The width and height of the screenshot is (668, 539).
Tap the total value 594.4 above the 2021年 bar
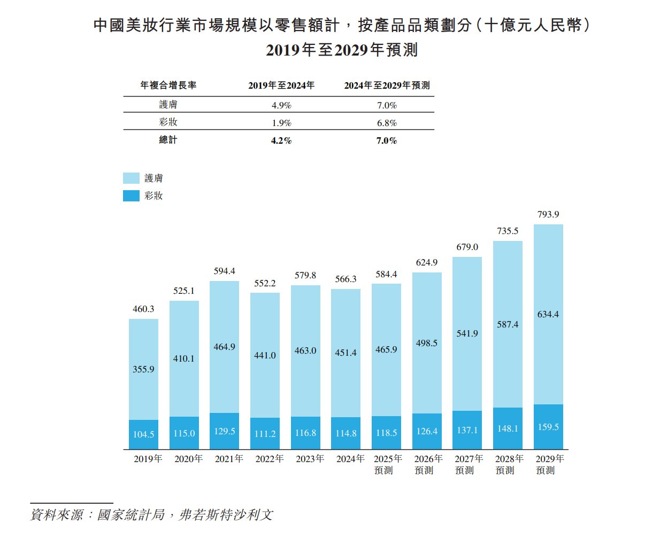[224, 271]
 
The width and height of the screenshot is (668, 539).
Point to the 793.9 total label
[548, 215]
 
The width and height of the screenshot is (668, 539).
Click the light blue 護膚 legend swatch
[131, 178]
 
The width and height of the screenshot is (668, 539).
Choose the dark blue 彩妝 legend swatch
[131, 196]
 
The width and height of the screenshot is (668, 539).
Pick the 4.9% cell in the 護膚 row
[281, 105]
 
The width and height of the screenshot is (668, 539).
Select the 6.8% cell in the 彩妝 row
[387, 123]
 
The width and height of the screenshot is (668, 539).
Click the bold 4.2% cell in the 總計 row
[281, 140]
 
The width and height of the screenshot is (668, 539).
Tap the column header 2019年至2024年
[281, 85]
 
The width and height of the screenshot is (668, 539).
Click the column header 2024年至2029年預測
[387, 85]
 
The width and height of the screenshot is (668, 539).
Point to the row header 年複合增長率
[168, 85]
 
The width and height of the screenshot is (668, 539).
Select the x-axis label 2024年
[350, 459]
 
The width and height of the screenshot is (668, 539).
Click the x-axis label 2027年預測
[469, 464]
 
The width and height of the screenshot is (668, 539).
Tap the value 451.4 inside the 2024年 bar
[345, 353]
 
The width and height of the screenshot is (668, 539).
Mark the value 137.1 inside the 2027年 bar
[467, 430]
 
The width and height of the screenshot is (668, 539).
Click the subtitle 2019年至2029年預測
[341, 50]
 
